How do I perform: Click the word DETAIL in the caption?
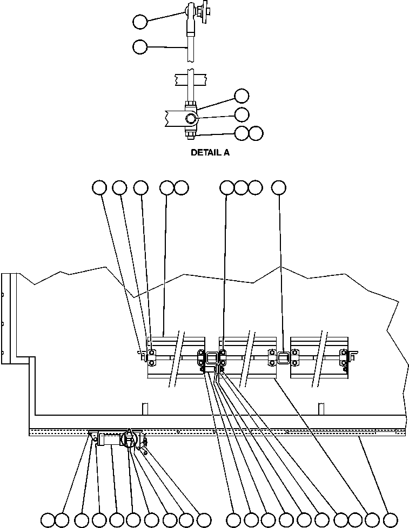[205, 153]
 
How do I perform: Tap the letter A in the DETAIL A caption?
[226, 153]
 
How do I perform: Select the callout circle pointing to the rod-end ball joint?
[140, 22]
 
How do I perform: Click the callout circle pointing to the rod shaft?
[140, 47]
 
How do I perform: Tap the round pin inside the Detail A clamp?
[192, 118]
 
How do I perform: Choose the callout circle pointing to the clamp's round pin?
[242, 114]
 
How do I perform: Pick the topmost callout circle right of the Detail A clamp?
[242, 96]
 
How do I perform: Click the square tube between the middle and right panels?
[284, 356]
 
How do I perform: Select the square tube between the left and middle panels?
[212, 356]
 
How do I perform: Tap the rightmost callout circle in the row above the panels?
[278, 187]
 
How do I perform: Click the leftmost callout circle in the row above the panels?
[99, 187]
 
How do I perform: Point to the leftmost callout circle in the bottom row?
[48, 520]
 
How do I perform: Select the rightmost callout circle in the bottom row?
[390, 520]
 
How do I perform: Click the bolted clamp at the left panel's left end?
[152, 355]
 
